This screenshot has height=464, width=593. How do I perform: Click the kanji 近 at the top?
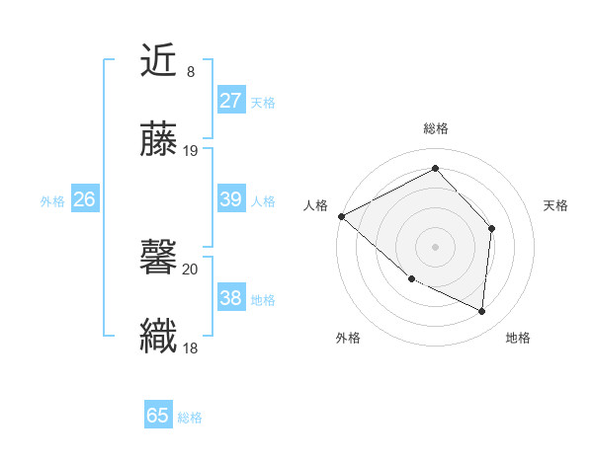[x=158, y=61]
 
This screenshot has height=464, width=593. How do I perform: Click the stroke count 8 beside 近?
[x=190, y=72]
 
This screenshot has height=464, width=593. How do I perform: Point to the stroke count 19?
[x=191, y=150]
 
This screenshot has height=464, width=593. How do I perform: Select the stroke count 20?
[x=191, y=268]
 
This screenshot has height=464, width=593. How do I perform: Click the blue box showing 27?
[x=230, y=101]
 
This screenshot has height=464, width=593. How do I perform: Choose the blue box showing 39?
[x=230, y=199]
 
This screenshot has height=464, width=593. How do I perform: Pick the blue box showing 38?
[x=230, y=298]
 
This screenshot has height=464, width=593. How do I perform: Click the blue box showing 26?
[x=84, y=199]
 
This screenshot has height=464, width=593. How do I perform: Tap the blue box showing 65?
[x=158, y=416]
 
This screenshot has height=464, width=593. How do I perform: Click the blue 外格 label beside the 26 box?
[x=52, y=200]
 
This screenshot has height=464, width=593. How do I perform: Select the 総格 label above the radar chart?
[x=436, y=128]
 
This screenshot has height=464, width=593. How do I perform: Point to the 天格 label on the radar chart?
[x=556, y=205]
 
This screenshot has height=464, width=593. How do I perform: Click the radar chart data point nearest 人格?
[x=341, y=215]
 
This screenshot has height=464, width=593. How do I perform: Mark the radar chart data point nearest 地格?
[x=481, y=311]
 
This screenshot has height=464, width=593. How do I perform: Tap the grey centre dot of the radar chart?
[x=436, y=246]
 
